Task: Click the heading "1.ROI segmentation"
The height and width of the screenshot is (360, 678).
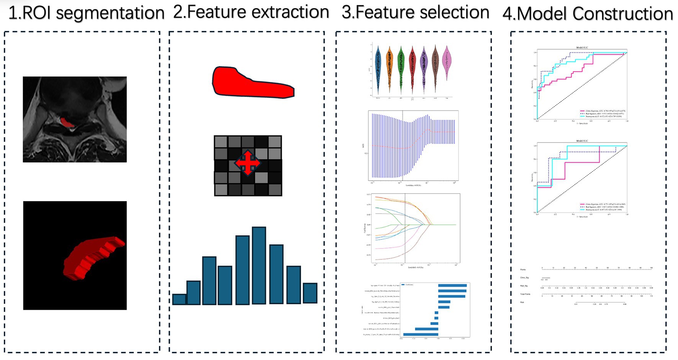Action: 86,13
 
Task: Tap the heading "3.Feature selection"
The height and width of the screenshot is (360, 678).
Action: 415,12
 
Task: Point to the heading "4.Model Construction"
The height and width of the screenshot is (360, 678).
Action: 588,14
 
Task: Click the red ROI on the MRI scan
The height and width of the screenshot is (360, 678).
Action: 67,123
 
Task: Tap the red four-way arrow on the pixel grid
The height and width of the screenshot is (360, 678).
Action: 248,163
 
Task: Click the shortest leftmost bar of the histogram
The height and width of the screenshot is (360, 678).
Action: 179,299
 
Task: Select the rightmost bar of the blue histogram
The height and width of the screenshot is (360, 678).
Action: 310,293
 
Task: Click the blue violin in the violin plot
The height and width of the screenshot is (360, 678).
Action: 378,69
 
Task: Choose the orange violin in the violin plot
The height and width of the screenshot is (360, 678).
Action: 389,69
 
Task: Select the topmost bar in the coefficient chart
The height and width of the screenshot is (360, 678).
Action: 452,285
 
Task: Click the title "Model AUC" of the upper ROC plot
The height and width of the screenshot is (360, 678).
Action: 582,48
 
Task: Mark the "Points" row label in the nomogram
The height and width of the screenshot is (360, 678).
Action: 523,270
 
